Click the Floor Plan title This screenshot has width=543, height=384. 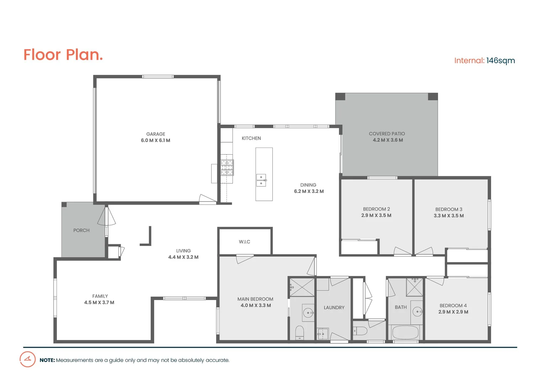coord(63,55)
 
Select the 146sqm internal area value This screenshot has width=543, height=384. coord(500,60)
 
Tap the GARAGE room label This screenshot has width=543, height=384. coord(156,134)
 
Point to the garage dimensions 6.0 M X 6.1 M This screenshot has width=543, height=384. coord(155,140)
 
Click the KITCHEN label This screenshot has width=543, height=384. coord(251,138)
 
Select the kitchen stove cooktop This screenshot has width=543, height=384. coord(227,167)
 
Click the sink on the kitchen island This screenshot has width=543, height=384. coord(261,180)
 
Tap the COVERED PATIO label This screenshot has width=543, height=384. coord(387,134)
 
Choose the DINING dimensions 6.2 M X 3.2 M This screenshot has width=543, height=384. coord(309,191)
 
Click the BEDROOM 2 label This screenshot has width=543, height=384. coord(376,209)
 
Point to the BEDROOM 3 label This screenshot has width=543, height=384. coord(449,209)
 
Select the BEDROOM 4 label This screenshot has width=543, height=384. coord(453,305)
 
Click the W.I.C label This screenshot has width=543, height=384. coord(245,242)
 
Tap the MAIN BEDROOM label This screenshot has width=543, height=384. coord(255,299)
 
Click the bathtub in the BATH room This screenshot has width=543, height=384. coord(405,333)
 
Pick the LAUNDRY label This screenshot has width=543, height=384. coord(334,308)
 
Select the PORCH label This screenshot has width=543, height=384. coord(81,230)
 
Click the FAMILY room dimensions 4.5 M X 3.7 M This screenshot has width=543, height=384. coord(99,303)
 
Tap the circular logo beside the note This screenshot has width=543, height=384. coord(27,359)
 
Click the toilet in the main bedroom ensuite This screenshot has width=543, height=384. coord(300,332)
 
